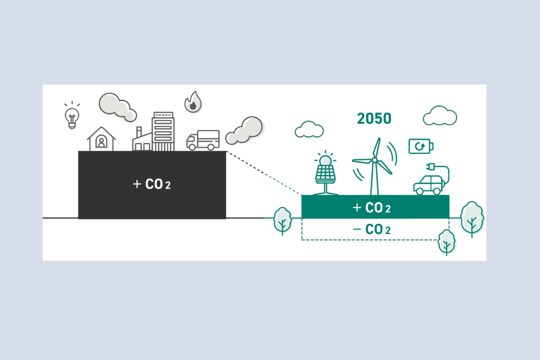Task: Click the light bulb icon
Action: coord(72,115)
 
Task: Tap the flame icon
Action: coord(193,102)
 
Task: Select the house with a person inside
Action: coord(101,139)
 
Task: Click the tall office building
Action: coord(163,131)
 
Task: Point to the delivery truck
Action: coord(203,140)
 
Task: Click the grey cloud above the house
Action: coord(118,107)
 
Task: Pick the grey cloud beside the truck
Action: coord(244,130)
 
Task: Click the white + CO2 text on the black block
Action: coord(152,184)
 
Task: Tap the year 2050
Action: coord(374,118)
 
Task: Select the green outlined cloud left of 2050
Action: coord(309,130)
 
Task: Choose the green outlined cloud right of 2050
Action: coord(440,116)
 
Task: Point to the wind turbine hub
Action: coord(374,160)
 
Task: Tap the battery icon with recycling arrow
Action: coord(421,147)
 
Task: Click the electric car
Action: coord(428,185)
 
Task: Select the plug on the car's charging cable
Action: coord(431,167)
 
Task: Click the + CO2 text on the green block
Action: coord(372,208)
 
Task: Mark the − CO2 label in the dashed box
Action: coord(372,229)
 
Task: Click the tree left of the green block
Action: coord(283,221)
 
